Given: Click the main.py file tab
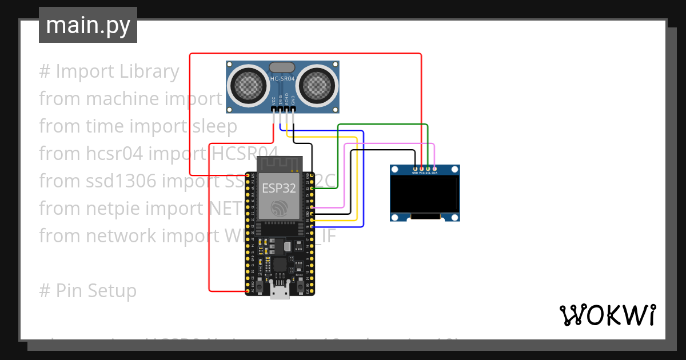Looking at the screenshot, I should coord(87,25).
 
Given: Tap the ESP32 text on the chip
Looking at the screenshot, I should coord(278,188).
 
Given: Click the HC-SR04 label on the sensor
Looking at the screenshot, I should coord(282,78).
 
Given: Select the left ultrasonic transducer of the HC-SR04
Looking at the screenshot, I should coord(249,86).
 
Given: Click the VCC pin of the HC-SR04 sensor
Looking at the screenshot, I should coord(273,109).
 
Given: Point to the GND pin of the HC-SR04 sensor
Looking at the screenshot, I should coord(293,109).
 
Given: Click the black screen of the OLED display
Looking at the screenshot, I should coord(425,194).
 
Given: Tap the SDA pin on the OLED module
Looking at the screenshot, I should coord(434,168).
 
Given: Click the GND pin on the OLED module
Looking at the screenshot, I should coord(415,168).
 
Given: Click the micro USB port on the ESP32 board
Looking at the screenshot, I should coord(280,292).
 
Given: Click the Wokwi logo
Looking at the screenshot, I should coord(607,315).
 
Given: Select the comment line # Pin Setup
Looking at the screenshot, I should coord(88,290).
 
